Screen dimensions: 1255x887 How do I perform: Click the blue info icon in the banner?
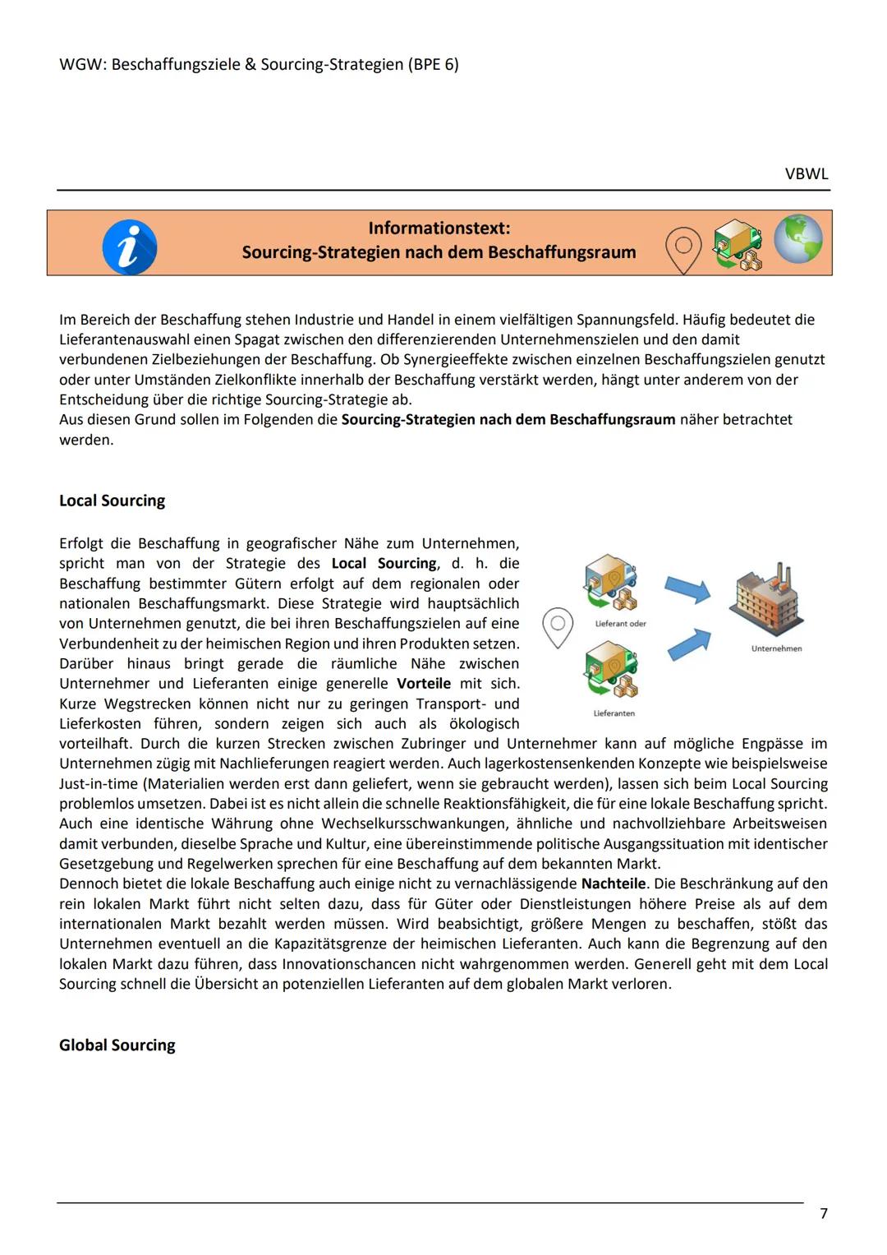(130, 247)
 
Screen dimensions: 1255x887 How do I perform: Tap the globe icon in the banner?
(797, 239)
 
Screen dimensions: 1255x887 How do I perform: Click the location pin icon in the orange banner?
(683, 249)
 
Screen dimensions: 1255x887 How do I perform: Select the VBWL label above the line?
(807, 174)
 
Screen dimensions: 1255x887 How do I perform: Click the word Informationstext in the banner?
(439, 228)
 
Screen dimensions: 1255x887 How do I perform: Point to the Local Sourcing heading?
(112, 501)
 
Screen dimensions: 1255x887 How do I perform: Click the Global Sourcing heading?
(117, 1045)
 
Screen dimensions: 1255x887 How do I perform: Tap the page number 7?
(824, 1213)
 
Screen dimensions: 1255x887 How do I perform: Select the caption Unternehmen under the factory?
(776, 648)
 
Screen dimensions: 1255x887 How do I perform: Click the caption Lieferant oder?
(620, 624)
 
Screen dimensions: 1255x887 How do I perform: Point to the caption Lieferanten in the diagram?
(614, 713)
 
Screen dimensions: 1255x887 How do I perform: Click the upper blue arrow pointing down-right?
(687, 588)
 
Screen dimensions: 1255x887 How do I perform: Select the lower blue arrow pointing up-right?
(688, 644)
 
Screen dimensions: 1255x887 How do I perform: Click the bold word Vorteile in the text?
(424, 684)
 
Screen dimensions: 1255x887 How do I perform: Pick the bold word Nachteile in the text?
(614, 884)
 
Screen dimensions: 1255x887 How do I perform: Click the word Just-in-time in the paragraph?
(99, 783)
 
